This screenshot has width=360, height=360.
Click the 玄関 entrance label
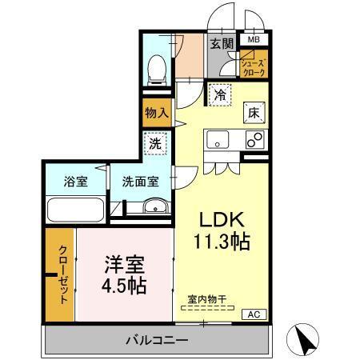(x=222, y=44)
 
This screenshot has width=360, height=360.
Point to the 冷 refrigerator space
(x=220, y=95)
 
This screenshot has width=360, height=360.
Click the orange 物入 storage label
(x=157, y=113)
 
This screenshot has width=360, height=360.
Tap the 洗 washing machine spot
(x=157, y=145)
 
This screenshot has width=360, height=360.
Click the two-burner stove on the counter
(x=254, y=140)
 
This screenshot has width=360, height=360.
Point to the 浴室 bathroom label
(x=76, y=182)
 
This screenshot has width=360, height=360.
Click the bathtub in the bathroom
(x=75, y=212)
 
